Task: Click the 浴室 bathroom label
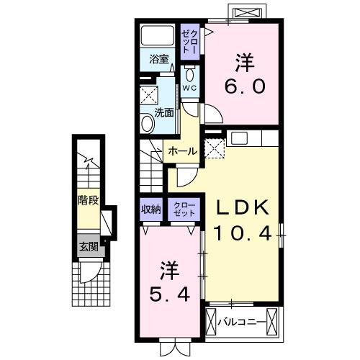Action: point(159,59)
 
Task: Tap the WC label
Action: point(189,88)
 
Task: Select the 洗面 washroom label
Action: point(163,112)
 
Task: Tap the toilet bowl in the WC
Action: point(189,74)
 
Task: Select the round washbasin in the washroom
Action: point(148,123)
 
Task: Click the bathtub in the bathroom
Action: point(158,36)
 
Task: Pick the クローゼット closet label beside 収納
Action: point(182,210)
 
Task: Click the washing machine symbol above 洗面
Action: point(149,95)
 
